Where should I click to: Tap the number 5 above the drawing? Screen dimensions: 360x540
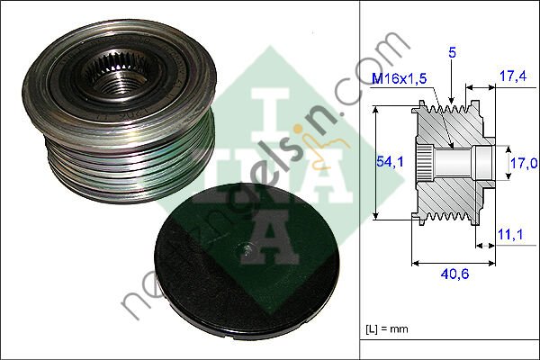coord(453,54)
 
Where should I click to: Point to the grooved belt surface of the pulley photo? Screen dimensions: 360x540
coord(126,171)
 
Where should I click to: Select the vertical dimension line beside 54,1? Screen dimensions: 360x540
coord(373,162)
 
